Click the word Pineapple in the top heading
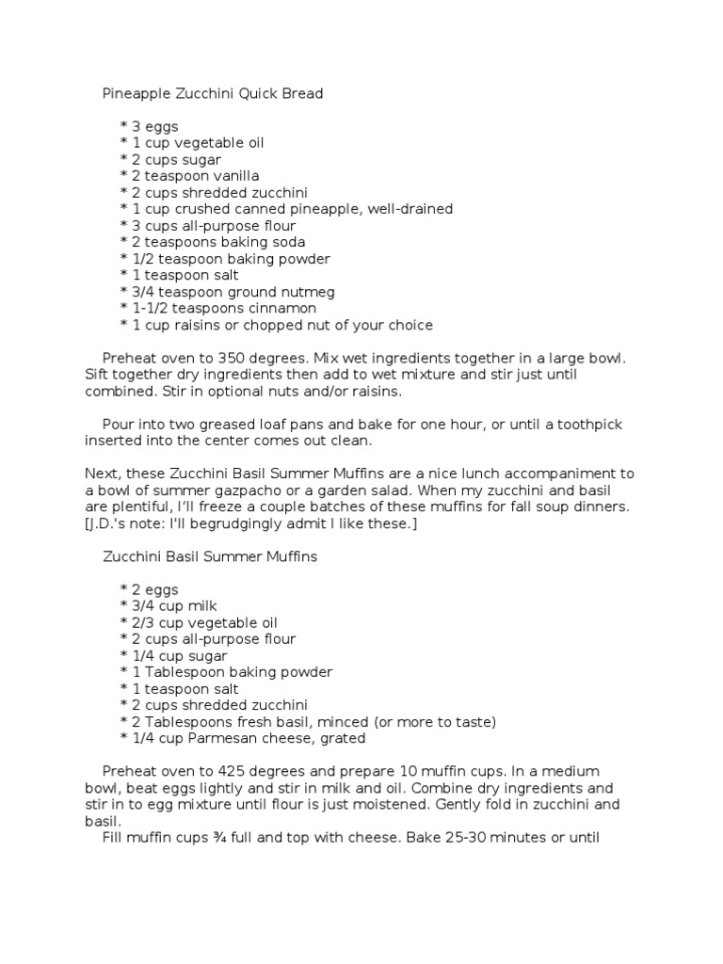137,94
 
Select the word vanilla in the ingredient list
235,176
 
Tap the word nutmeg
309,292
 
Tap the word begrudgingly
244,523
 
